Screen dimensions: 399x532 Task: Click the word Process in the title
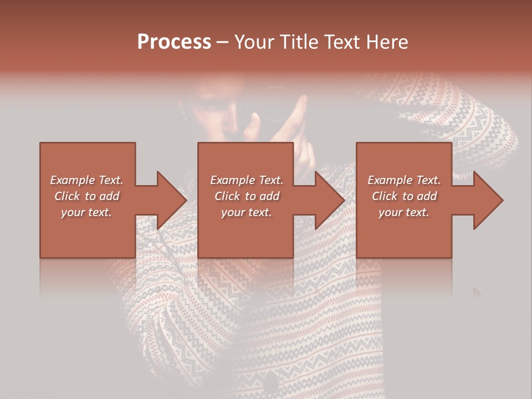coord(174,42)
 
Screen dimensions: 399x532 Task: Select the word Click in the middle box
coord(228,196)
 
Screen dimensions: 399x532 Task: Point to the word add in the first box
coord(109,196)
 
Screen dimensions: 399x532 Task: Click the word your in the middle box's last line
coord(233,212)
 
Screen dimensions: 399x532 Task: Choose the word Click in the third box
coord(385,196)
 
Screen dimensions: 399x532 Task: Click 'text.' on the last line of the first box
coord(99,212)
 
